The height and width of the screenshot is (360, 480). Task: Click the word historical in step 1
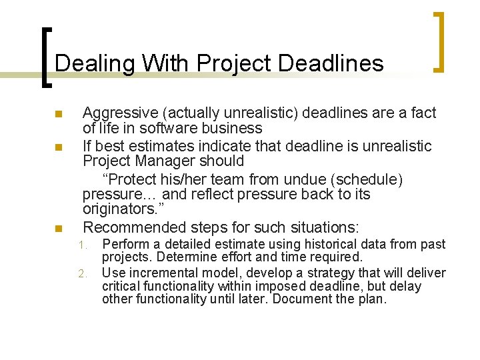click(x=315, y=245)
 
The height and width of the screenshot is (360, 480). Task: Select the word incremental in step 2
click(x=161, y=273)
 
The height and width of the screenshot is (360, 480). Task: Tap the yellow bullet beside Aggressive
click(x=58, y=114)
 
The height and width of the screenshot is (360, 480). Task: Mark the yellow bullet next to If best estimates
click(x=58, y=147)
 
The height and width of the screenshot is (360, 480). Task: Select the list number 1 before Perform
click(x=82, y=245)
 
